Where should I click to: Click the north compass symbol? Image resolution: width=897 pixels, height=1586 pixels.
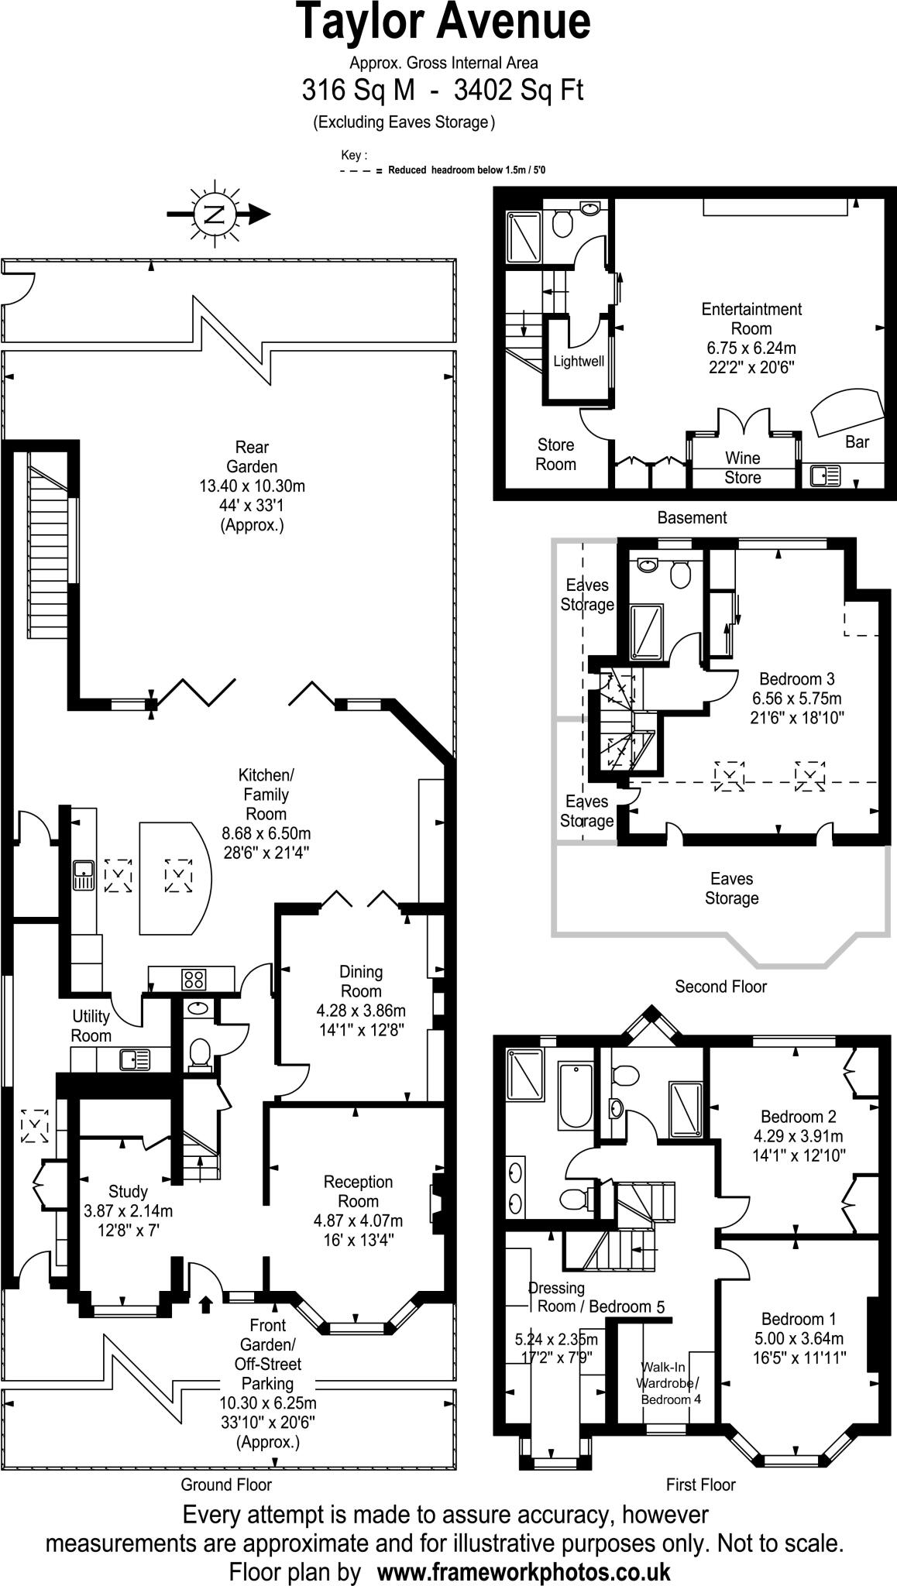pos(215,215)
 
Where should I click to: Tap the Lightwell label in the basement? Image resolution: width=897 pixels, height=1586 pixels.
pos(579,362)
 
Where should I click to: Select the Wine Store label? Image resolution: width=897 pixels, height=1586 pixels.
pos(742,468)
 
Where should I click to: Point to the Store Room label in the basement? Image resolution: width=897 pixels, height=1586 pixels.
pos(555,455)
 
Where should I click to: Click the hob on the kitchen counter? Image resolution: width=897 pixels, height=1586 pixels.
pos(194,979)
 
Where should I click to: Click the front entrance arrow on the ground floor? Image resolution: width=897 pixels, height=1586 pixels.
pos(205,1306)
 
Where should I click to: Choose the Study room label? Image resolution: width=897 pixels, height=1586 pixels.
pos(128,1192)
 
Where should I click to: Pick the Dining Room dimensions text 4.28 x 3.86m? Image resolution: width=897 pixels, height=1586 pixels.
pos(361,1011)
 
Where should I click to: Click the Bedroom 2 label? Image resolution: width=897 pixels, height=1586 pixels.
pos(798,1117)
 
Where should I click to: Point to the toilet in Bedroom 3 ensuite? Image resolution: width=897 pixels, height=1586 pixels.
pos(680,575)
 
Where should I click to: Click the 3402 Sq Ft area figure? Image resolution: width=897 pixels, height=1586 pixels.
pos(518,91)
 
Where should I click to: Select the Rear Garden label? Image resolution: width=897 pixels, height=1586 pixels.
pos(252,457)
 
